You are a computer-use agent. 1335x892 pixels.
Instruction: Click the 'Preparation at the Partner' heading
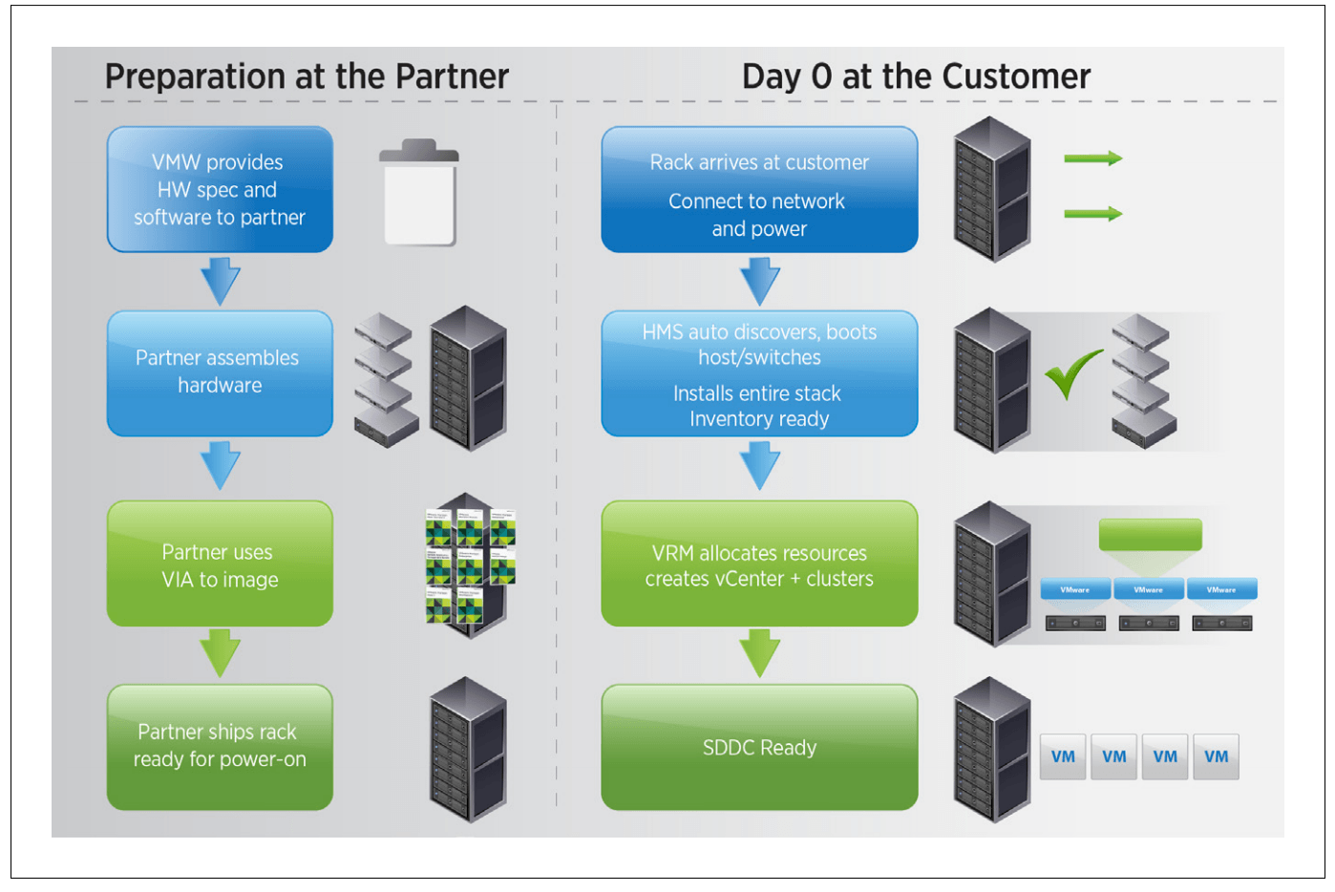pos(307,76)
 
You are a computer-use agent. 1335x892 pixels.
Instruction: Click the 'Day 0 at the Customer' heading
pos(916,76)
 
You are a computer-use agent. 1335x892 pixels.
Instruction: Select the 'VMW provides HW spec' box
pos(220,190)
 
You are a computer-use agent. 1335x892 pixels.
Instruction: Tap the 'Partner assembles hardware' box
pos(220,372)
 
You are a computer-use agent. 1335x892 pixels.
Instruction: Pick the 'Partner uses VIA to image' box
pos(220,564)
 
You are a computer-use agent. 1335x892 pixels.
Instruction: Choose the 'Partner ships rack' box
pos(220,746)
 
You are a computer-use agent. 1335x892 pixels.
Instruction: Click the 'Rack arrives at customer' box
pos(759,190)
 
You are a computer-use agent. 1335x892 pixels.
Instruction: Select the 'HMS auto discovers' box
pos(759,373)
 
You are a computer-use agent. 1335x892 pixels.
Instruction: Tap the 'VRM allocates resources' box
pos(759,564)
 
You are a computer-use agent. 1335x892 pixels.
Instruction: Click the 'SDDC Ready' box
pos(759,747)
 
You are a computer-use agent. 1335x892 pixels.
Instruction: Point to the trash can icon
pos(419,194)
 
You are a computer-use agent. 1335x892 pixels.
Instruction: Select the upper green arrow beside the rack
pos(1093,159)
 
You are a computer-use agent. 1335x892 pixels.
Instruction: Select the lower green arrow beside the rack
pos(1093,214)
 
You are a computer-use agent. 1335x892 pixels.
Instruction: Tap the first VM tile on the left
pos(1063,756)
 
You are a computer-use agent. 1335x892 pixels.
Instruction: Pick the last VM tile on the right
pos(1216,756)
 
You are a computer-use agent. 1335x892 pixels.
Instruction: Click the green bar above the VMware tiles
pos(1150,535)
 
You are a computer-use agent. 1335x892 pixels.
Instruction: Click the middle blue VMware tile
pos(1149,589)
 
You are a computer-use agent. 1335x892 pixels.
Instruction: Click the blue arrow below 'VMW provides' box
pos(221,280)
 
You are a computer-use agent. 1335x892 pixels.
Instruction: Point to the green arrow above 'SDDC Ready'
pos(760,653)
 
